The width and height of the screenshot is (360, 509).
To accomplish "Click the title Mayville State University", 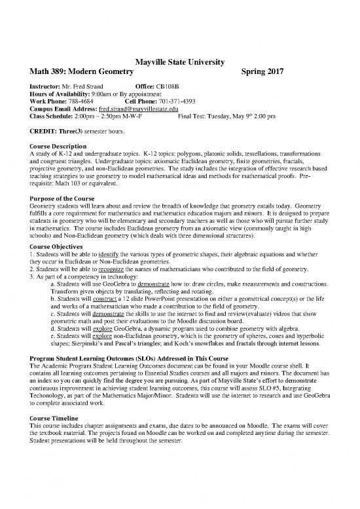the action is [x=179, y=62].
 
